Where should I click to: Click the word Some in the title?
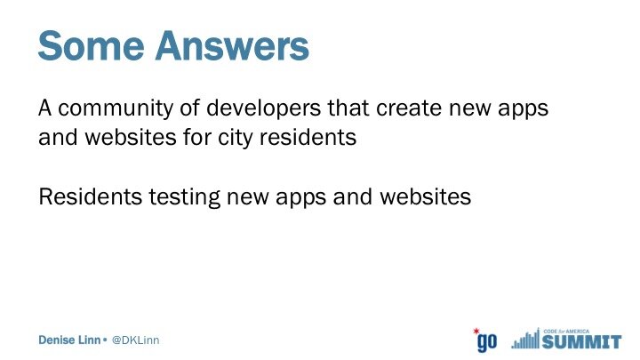click(91, 45)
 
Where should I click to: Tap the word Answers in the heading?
click(232, 45)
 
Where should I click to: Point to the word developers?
click(264, 109)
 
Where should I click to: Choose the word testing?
click(184, 197)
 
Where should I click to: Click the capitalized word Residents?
click(90, 196)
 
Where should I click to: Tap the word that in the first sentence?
click(348, 108)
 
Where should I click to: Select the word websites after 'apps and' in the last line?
click(425, 196)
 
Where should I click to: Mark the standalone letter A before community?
click(45, 108)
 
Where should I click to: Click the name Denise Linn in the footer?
click(69, 340)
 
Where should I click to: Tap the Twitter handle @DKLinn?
click(135, 340)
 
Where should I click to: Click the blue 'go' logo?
click(487, 341)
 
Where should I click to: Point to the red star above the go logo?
click(476, 331)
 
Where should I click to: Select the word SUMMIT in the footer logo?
click(582, 341)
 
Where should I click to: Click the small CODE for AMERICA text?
click(566, 332)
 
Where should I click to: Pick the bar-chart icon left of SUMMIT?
click(525, 339)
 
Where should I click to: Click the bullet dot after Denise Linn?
click(105, 340)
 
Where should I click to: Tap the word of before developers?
click(190, 108)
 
